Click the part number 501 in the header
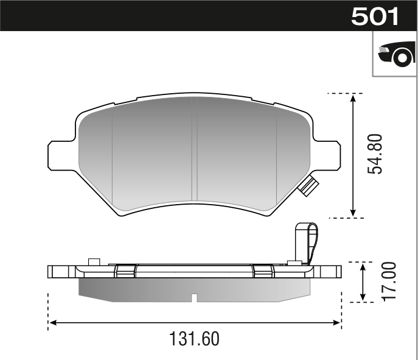[375, 16]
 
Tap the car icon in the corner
[395, 55]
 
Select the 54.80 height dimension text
[377, 155]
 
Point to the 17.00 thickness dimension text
[390, 281]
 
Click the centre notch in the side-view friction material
[193, 298]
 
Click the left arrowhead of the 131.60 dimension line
[52, 322]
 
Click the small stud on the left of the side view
[93, 262]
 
